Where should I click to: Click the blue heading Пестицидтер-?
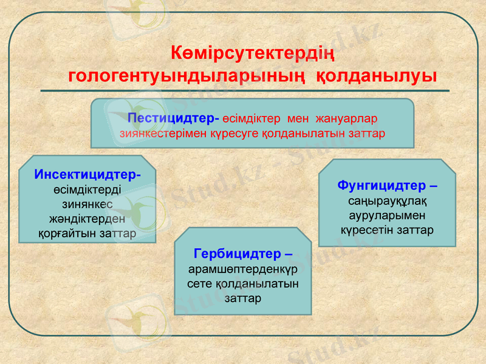click(x=174, y=116)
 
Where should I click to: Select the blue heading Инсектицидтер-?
click(x=87, y=175)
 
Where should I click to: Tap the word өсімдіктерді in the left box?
click(x=87, y=189)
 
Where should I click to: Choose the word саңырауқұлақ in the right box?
click(x=387, y=200)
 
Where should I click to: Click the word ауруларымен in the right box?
click(x=387, y=215)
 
